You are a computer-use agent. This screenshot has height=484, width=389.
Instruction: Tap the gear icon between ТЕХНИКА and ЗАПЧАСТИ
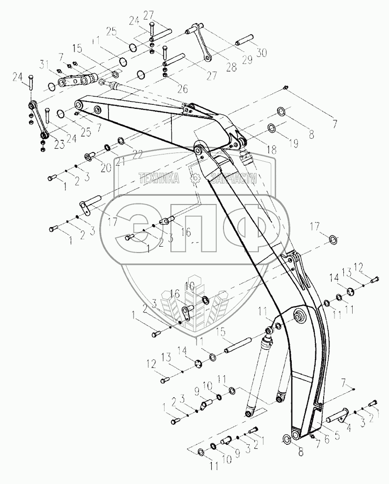[x=195, y=179]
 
